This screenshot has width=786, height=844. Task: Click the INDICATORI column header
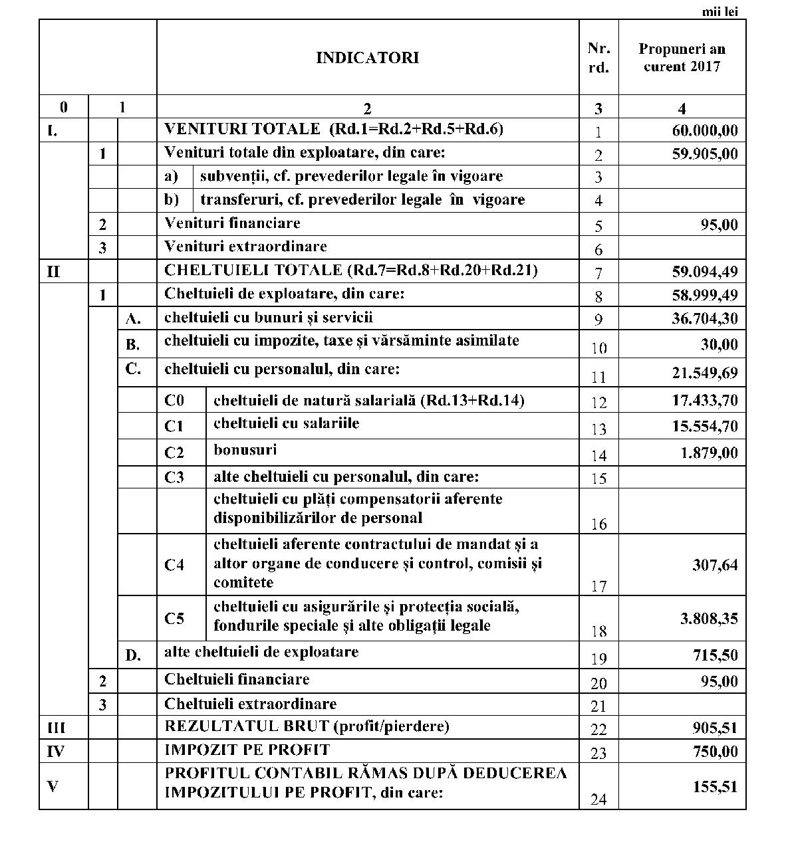tap(367, 58)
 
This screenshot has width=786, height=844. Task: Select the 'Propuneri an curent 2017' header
tap(682, 58)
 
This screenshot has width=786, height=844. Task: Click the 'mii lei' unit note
tap(720, 11)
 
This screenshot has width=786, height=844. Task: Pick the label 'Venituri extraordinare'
tap(245, 247)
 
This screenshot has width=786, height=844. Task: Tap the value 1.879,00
tap(709, 453)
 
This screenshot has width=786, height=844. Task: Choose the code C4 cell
tap(174, 565)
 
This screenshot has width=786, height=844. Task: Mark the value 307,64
tap(715, 565)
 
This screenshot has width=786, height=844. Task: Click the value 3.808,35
tap(708, 619)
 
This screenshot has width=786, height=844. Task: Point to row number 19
tap(598, 659)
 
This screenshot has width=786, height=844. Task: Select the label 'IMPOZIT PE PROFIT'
tap(247, 750)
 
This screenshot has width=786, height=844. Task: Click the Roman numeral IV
tap(56, 752)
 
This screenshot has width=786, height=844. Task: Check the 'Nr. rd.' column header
tap(598, 58)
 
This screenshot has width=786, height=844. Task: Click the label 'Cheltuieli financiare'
tap(236, 680)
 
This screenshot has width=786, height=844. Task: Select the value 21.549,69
tap(704, 373)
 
